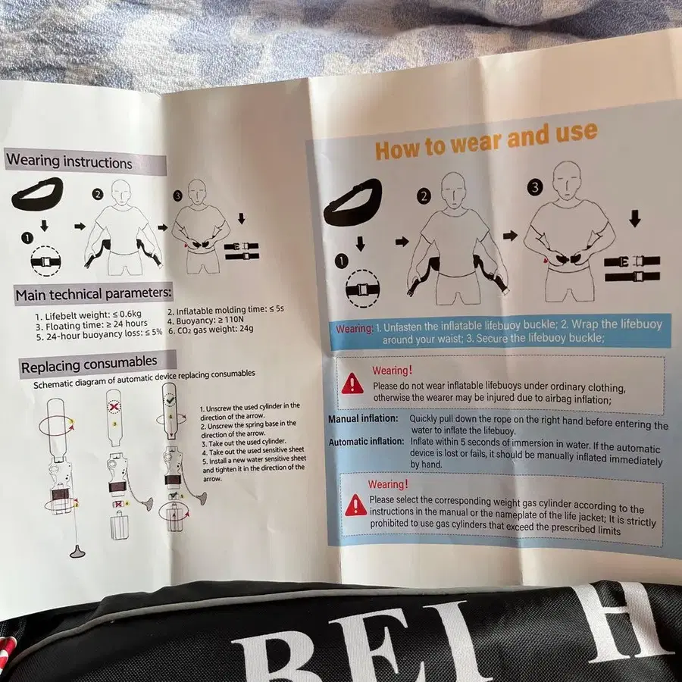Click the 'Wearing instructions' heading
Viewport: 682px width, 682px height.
pos(69,162)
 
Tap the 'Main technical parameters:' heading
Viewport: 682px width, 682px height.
pos(93,295)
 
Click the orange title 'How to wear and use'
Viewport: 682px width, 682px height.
pos(486,140)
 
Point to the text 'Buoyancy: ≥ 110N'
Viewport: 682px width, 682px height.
pos(205,320)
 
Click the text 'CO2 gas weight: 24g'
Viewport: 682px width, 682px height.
pos(211,330)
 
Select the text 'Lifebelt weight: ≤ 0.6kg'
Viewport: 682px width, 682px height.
pos(89,314)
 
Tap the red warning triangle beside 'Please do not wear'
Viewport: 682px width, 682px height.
pos(352,384)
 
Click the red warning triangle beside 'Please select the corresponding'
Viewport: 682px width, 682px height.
pos(356,505)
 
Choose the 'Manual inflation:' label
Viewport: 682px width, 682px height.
pos(363,418)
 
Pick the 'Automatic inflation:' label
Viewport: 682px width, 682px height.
pos(366,442)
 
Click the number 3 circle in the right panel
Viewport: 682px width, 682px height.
pos(535,187)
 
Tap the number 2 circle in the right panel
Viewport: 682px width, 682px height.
pos(424,196)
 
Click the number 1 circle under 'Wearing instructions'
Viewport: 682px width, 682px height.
pos(27,238)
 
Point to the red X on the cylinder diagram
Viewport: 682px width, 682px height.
pos(114,407)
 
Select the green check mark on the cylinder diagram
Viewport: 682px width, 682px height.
pos(170,399)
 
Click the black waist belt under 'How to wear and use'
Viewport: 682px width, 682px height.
pos(352,202)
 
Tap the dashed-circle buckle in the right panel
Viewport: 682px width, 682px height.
pos(362,289)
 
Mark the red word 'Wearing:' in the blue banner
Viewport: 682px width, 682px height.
pos(354,329)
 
